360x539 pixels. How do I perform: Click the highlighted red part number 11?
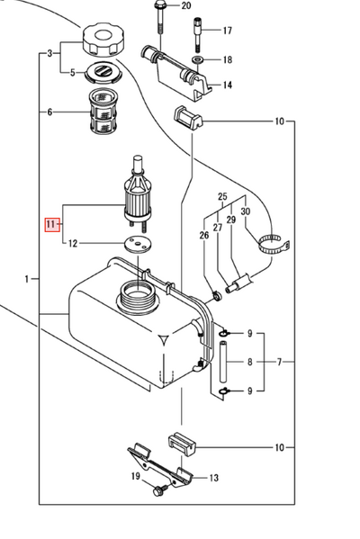click(x=51, y=223)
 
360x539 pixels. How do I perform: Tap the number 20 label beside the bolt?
click(x=186, y=6)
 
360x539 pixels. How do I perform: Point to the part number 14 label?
click(x=227, y=85)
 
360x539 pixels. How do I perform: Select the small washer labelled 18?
click(x=197, y=60)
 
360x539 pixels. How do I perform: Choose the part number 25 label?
click(x=222, y=196)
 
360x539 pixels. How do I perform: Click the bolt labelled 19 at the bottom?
click(x=160, y=491)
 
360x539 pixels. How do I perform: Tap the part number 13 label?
click(x=214, y=478)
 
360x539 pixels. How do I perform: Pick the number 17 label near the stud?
click(x=227, y=31)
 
